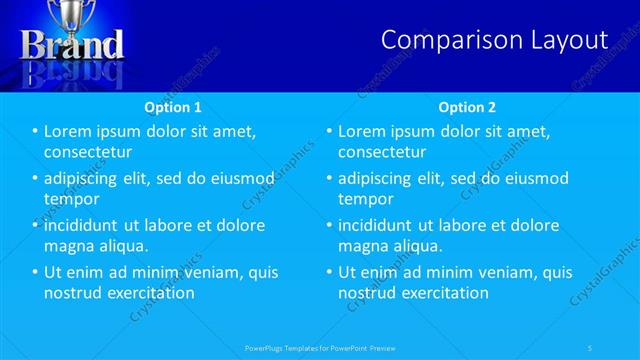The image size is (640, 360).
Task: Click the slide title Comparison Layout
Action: click(x=495, y=40)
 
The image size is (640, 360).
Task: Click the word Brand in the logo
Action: click(x=72, y=45)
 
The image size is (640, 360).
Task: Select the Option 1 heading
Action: click(x=172, y=107)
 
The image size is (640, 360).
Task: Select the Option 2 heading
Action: click(x=466, y=107)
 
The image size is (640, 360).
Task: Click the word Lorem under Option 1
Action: click(x=68, y=131)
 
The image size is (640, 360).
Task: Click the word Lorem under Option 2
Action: click(x=362, y=131)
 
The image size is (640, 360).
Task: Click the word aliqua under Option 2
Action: click(x=416, y=246)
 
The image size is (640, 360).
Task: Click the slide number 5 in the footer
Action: click(x=590, y=347)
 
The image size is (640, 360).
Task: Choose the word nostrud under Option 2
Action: click(x=366, y=293)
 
